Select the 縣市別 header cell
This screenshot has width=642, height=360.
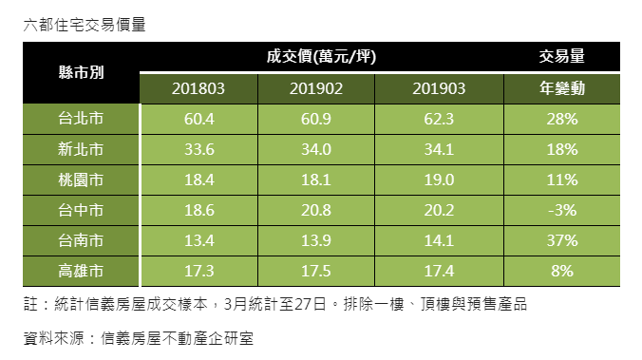click(81, 73)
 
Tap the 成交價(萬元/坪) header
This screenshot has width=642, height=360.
click(322, 57)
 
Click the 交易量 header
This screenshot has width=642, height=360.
click(561, 57)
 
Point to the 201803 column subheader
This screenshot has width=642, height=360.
click(198, 89)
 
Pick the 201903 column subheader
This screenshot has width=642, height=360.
click(439, 89)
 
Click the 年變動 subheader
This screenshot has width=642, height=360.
click(561, 89)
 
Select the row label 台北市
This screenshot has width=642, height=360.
click(81, 120)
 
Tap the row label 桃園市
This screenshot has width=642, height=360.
click(81, 180)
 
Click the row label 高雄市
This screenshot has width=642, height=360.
click(81, 271)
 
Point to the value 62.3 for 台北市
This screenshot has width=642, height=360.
click(439, 120)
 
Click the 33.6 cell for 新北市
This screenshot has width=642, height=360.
click(198, 150)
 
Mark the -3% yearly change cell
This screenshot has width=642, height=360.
click(561, 210)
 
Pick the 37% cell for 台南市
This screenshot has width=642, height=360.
click(561, 240)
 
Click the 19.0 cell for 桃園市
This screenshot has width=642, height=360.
click(439, 180)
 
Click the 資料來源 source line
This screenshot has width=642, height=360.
click(139, 337)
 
